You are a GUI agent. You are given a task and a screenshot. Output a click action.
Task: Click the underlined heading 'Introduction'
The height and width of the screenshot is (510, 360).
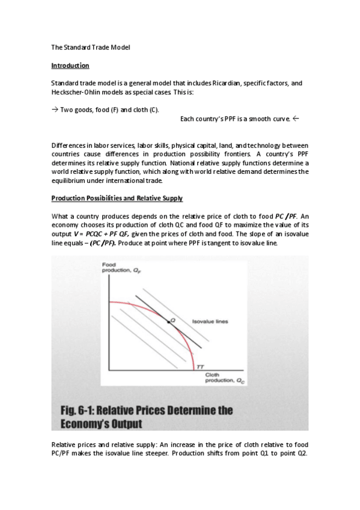pyautogui.click(x=70, y=65)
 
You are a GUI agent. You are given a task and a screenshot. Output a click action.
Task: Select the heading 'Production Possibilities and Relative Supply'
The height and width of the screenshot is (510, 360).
pyautogui.click(x=117, y=198)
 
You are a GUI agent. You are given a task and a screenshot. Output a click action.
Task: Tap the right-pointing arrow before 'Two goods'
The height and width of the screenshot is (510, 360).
pyautogui.click(x=55, y=109)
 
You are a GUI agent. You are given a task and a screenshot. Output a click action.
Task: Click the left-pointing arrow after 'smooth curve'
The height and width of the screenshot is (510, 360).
pyautogui.click(x=296, y=118)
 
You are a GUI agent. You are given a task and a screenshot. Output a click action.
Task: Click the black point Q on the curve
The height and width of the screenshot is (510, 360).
pyautogui.click(x=169, y=322)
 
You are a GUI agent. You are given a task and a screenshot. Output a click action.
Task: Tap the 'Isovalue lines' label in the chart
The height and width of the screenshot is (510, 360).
pyautogui.click(x=210, y=322)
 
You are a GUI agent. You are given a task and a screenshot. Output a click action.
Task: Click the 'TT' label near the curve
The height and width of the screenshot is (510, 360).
pyautogui.click(x=200, y=367)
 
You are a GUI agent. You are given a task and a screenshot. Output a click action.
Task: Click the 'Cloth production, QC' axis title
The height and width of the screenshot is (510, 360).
pyautogui.click(x=219, y=378)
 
